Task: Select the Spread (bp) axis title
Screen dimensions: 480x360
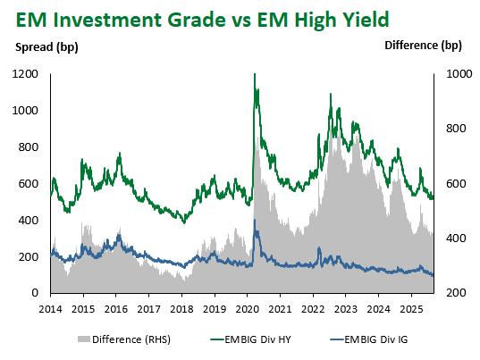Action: click(x=46, y=47)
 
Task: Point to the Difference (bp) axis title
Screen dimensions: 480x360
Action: click(x=423, y=46)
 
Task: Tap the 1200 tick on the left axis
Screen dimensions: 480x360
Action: click(x=25, y=74)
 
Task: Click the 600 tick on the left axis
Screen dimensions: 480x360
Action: click(x=29, y=183)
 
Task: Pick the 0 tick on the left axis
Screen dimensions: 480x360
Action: click(x=35, y=293)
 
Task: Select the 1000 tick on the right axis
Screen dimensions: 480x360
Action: click(x=459, y=74)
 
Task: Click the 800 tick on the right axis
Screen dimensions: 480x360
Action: click(x=456, y=129)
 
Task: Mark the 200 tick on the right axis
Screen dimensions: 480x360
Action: click(x=456, y=293)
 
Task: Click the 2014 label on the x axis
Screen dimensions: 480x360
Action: click(x=51, y=309)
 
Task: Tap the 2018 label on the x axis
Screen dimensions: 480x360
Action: click(x=181, y=309)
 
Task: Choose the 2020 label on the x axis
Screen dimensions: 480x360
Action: click(x=248, y=309)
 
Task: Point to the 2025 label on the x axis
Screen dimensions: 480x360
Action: click(x=411, y=309)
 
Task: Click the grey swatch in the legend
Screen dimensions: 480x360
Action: click(x=83, y=339)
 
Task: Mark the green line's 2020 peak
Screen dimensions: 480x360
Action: click(x=255, y=74)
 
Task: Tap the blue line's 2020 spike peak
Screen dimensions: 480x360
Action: click(x=255, y=220)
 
